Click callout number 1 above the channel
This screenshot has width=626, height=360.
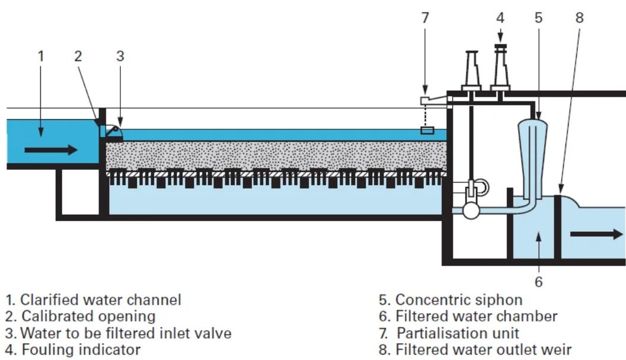pos(41,56)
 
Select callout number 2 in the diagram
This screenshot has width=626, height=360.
pos(78,56)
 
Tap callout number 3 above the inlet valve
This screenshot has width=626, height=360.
pos(120,56)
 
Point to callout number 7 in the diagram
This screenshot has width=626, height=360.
pos(424,18)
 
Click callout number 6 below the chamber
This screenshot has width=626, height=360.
pos(538,281)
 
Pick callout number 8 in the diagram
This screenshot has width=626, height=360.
pos(579,18)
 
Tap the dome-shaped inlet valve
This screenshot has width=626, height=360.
pos(113,133)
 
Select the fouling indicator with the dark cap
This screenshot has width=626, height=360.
pos(500,68)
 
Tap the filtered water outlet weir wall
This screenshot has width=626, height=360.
pos(557,225)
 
